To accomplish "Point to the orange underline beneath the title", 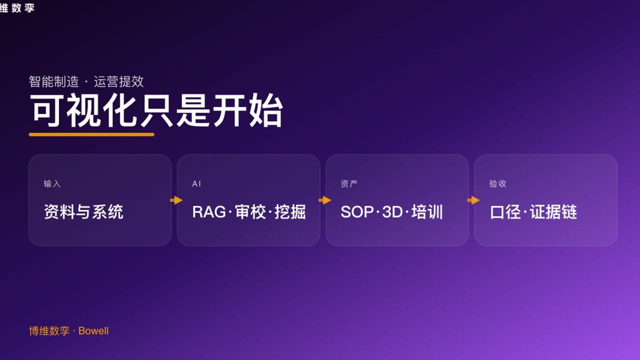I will tap(91, 134).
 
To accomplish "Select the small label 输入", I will tap(52, 184).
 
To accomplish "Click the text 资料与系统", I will tap(83, 212).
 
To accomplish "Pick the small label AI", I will tap(196, 184).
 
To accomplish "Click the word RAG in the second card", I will tap(208, 212).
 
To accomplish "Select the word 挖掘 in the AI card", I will tap(290, 212).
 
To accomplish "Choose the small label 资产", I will tap(349, 184).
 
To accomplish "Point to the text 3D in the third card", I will tap(392, 212).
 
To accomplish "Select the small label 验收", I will tap(497, 184).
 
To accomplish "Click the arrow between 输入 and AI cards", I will tap(176, 200).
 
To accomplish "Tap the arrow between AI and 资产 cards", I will tap(325, 200).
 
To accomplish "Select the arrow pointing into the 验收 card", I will tap(473, 200).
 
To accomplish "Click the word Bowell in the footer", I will tap(93, 331).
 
